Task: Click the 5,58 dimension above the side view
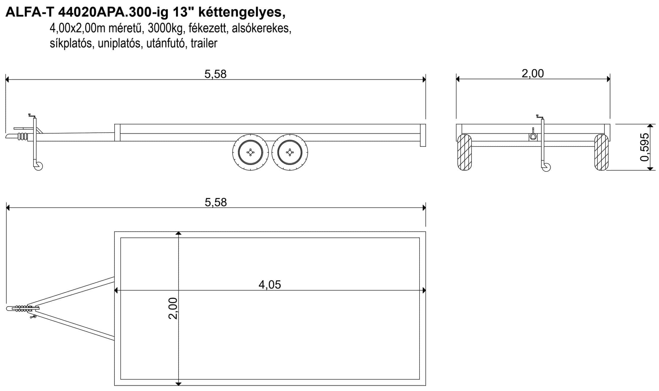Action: pos(215,74)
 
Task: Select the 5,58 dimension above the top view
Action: pos(216,202)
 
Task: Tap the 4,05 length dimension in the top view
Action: pos(270,285)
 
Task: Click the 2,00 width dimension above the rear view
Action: pos(533,73)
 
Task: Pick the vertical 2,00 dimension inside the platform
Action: pos(173,308)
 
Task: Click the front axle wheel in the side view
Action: pos(251,152)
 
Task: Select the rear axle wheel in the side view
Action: pos(290,152)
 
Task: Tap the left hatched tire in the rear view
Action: pos(464,152)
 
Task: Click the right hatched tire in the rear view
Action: pos(601,152)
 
